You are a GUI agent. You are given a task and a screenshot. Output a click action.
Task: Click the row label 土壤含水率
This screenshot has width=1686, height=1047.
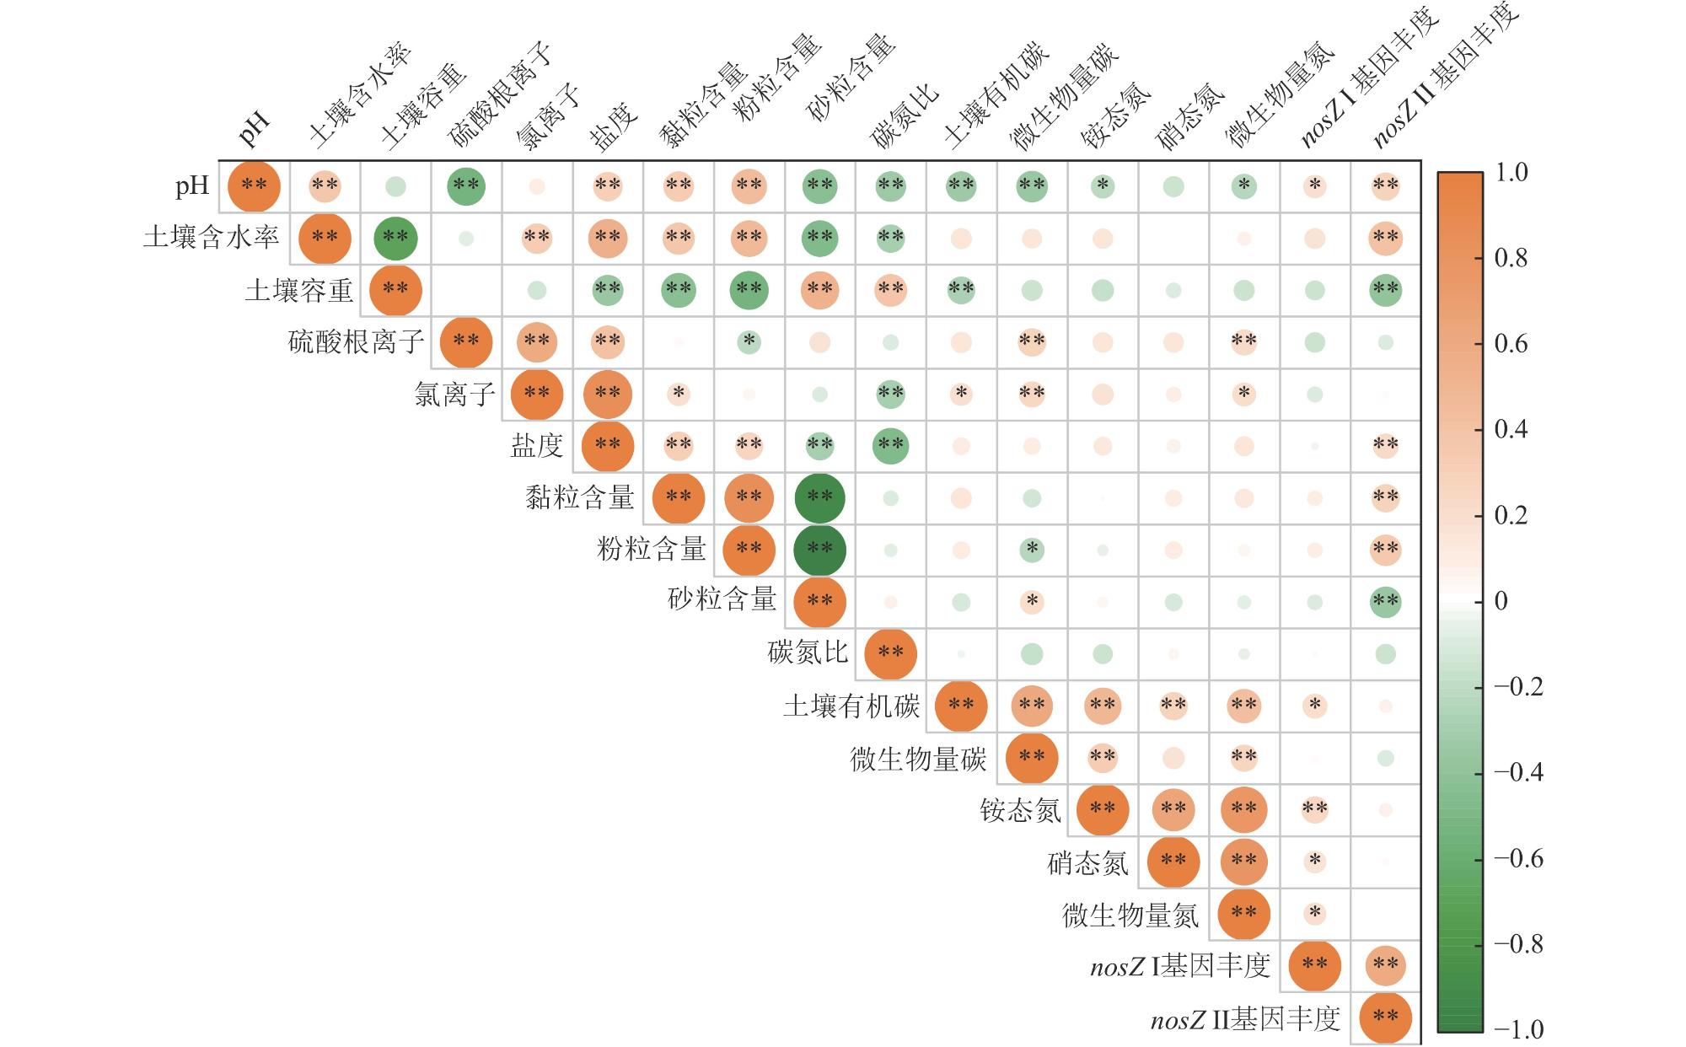point(211,238)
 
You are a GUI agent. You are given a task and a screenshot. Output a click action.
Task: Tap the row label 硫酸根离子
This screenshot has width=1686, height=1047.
point(356,342)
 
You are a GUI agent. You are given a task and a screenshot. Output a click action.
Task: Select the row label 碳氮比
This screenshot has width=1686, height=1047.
point(808,653)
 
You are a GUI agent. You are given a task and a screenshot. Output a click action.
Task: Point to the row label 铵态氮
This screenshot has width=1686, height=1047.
point(1020,810)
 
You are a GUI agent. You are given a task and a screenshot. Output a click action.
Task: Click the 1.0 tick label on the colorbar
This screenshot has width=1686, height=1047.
point(1511,173)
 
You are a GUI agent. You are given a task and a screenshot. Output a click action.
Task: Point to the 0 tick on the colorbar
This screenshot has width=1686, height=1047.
point(1501,601)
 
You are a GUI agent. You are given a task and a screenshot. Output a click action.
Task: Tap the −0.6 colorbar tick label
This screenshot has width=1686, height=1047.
point(1518,858)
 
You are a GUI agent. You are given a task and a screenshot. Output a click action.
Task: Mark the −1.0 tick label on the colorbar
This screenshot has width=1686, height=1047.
point(1518,1029)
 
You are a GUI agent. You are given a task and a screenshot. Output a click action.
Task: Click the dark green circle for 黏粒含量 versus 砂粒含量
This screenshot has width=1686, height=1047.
point(820,497)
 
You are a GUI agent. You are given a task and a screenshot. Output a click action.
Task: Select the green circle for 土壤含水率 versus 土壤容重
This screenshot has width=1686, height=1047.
point(395,238)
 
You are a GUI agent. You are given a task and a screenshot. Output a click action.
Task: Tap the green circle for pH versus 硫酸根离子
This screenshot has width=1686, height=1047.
point(466,185)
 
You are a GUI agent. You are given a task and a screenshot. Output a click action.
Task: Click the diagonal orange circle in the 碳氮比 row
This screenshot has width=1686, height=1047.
point(891,653)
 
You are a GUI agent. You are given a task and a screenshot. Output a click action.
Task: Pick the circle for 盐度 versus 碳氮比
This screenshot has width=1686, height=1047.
point(891,445)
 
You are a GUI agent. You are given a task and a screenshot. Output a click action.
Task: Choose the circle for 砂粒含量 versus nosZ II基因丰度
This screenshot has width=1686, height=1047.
point(1386,602)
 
